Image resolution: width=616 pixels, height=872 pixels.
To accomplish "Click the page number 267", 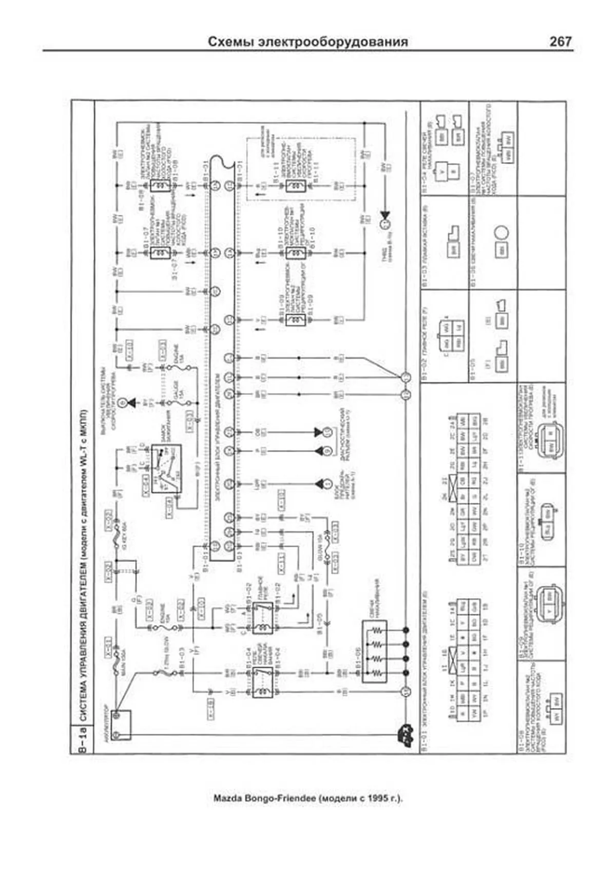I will tap(560, 42).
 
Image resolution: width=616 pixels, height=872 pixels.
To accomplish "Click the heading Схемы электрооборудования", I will tap(308, 42).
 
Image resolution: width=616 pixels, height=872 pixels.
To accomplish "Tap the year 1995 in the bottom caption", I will tap(378, 799).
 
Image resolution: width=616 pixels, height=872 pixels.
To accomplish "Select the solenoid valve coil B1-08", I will tap(161, 185).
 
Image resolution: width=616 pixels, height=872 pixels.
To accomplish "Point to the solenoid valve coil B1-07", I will tap(161, 253).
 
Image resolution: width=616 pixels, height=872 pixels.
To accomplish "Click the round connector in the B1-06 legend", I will tap(502, 232).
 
